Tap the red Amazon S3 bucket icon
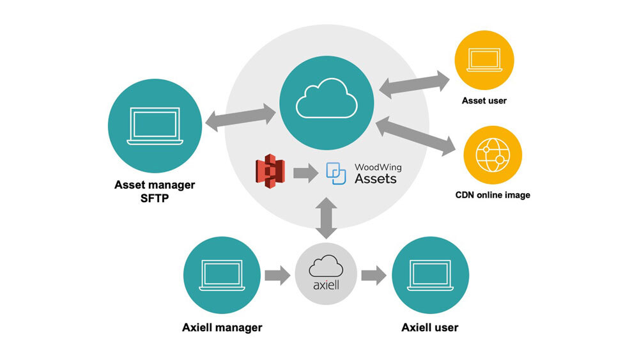268,173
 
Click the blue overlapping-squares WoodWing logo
336,173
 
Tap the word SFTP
155,198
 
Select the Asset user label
484,100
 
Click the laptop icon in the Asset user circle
484,59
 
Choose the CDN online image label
492,194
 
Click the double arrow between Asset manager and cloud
241,119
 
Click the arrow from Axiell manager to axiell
277,276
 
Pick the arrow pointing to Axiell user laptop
374,276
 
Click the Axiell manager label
222,327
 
